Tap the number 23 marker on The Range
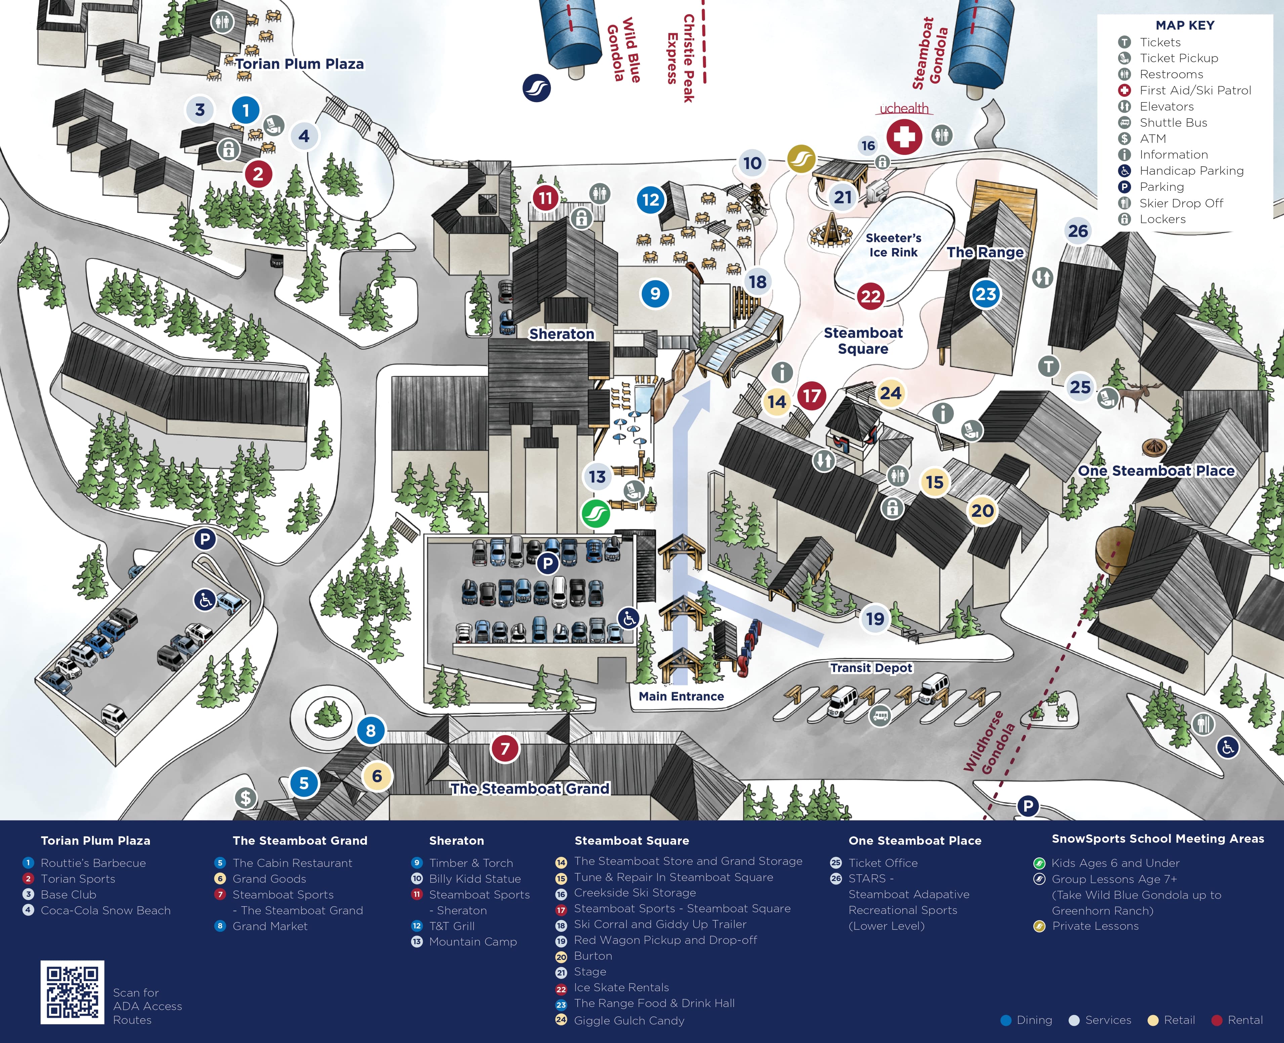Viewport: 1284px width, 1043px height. pyautogui.click(x=985, y=294)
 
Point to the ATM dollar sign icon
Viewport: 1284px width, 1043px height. pyautogui.click(x=245, y=798)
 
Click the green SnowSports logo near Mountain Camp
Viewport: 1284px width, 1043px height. pyautogui.click(x=595, y=514)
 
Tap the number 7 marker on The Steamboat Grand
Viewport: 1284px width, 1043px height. pyautogui.click(x=505, y=749)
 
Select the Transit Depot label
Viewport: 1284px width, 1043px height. pyautogui.click(x=871, y=667)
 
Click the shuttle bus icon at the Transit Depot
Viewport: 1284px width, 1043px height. pyautogui.click(x=880, y=716)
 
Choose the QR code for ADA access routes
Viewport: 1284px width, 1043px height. pyautogui.click(x=72, y=992)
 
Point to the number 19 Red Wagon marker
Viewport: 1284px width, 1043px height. pyautogui.click(x=875, y=618)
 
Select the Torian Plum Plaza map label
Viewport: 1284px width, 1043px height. pyautogui.click(x=299, y=64)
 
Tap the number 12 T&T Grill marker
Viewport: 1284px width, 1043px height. pyautogui.click(x=651, y=200)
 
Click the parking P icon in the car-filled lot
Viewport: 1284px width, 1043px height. pyautogui.click(x=547, y=564)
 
